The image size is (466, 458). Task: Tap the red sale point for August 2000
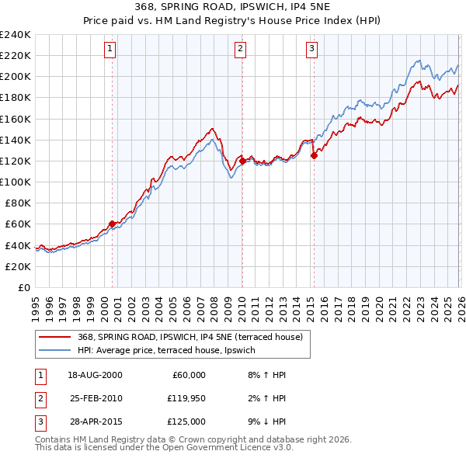(x=112, y=224)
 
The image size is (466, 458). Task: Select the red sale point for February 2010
(x=242, y=161)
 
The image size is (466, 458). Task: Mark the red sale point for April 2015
(x=314, y=155)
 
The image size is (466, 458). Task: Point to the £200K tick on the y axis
(x=16, y=76)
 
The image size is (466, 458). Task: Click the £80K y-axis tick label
(x=16, y=203)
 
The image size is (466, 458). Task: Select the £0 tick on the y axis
(x=23, y=287)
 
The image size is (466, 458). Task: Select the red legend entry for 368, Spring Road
(x=194, y=336)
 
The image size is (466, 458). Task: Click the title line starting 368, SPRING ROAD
(x=233, y=9)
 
